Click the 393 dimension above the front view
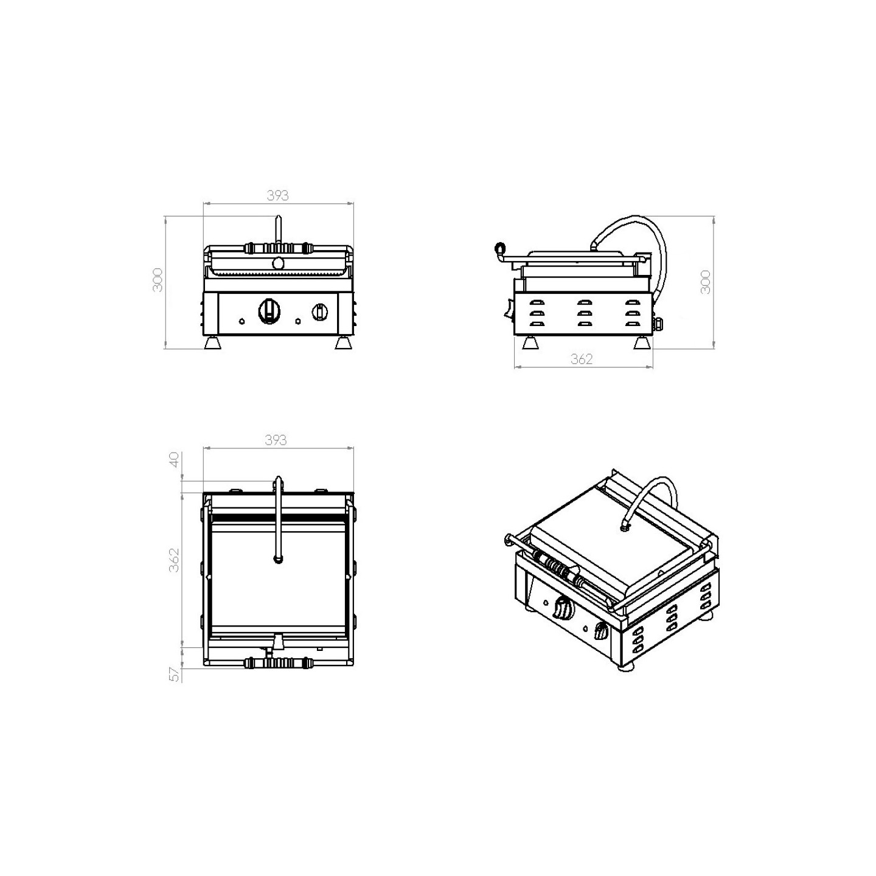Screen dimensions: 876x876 point(277,195)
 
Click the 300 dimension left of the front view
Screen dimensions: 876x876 point(158,280)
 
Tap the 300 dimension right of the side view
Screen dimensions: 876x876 point(705,282)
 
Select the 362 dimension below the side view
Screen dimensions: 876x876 point(582,359)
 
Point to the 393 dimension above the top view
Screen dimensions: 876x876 point(276,440)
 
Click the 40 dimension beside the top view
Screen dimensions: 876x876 point(173,460)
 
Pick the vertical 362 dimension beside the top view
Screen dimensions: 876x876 point(173,560)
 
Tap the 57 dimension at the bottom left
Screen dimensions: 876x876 point(173,687)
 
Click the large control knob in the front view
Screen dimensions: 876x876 point(269,311)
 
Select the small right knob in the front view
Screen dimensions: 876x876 point(319,311)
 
